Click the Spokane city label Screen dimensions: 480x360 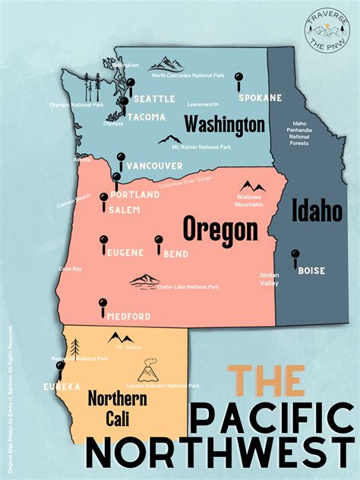point(260,98)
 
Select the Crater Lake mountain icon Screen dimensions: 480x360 point(144,282)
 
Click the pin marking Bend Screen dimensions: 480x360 point(159,243)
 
